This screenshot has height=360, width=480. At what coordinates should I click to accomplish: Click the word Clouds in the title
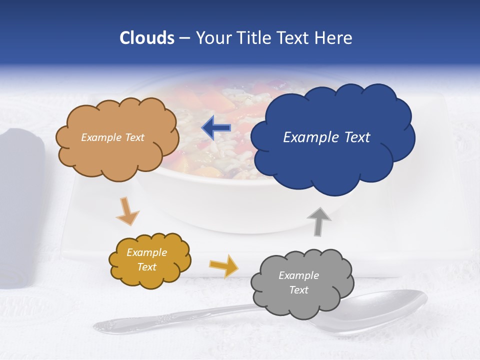(147, 38)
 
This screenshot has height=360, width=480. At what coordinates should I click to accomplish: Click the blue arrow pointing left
(216, 128)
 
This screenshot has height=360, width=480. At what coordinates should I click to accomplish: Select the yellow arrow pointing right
(223, 265)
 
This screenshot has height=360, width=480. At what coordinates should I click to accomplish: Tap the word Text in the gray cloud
(298, 290)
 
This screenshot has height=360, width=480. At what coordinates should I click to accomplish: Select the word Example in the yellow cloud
(146, 252)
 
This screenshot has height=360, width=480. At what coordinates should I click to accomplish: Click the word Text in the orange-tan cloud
(134, 137)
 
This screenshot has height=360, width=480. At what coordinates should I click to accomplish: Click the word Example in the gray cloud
(298, 275)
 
